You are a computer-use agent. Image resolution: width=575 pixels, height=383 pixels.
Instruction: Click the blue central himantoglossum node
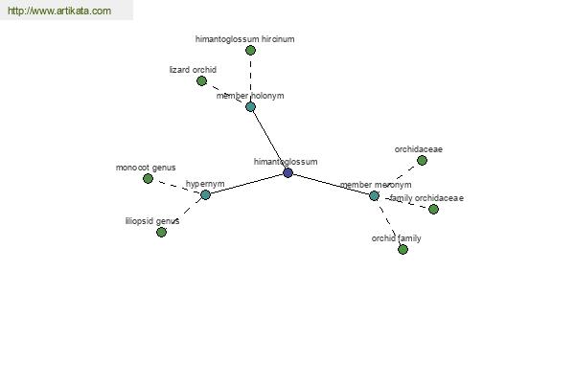(x=287, y=172)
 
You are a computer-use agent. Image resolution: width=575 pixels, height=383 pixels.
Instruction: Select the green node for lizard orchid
(x=201, y=81)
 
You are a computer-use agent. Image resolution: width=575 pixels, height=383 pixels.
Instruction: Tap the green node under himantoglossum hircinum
(x=250, y=50)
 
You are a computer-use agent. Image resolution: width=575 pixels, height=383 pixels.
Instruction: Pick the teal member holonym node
(x=250, y=107)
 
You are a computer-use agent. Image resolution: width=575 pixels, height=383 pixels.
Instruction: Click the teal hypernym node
(x=205, y=194)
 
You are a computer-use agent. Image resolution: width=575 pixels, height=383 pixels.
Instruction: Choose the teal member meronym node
(x=374, y=195)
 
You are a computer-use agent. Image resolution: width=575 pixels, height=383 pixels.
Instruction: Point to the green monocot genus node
(x=148, y=178)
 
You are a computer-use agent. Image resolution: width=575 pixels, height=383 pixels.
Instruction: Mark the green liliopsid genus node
(x=161, y=232)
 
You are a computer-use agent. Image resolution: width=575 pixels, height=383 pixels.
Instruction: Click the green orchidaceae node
(x=422, y=160)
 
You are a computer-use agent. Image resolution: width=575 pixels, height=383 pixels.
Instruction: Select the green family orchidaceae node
(x=433, y=210)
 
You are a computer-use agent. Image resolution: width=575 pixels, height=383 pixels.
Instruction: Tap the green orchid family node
(x=403, y=250)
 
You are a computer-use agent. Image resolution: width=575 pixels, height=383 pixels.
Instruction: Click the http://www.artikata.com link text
(x=59, y=11)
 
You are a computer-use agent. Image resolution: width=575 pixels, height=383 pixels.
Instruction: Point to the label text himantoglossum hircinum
(x=245, y=39)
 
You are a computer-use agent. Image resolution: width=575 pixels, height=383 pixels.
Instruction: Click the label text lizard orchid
(x=193, y=70)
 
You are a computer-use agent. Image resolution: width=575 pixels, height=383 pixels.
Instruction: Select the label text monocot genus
(x=146, y=168)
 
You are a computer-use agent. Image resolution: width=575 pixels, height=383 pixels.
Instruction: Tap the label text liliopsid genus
(x=152, y=221)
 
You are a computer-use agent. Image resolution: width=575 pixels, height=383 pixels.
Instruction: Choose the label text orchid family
(x=397, y=238)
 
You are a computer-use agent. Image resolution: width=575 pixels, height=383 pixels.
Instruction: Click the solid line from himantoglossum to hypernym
(x=246, y=184)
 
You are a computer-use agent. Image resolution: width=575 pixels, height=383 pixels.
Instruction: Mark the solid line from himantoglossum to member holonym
(x=269, y=140)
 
